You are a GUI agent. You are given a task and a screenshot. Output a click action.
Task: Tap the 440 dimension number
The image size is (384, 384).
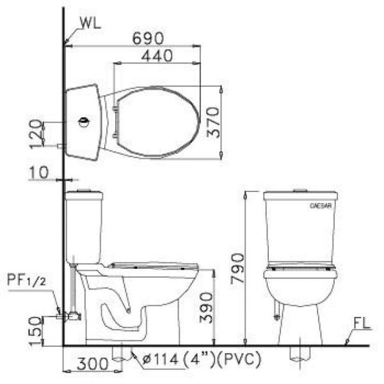[x=157, y=56]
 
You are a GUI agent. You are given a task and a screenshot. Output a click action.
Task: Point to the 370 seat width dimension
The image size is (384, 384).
[x=213, y=122]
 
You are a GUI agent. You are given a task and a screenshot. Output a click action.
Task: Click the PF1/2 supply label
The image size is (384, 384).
[x=26, y=280]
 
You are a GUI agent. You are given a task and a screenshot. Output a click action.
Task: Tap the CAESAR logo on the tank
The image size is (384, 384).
[x=319, y=207]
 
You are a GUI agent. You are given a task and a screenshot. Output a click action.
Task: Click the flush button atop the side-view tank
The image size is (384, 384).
[x=84, y=191]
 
